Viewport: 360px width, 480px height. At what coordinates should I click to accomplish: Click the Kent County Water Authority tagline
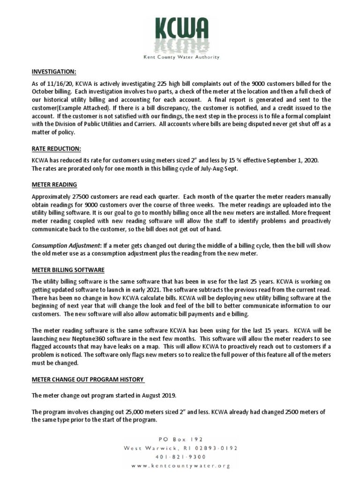(x=180, y=57)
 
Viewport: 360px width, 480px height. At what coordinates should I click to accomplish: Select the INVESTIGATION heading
(x=53, y=72)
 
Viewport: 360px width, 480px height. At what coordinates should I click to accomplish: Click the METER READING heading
(x=54, y=184)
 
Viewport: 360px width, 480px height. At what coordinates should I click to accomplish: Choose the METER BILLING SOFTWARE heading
(x=68, y=270)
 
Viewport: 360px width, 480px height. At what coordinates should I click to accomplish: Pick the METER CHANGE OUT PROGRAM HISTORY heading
(x=88, y=379)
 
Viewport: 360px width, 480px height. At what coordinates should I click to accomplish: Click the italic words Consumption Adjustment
(x=66, y=245)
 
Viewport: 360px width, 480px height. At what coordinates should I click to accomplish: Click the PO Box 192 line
(x=180, y=439)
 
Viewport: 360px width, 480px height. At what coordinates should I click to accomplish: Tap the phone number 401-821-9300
(x=180, y=457)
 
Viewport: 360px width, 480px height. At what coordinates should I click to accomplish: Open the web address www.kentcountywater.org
(x=180, y=465)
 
